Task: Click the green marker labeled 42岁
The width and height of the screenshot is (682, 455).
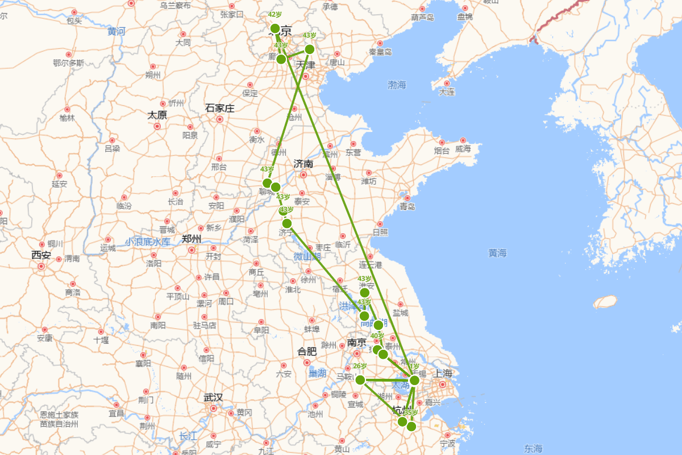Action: [x=275, y=28]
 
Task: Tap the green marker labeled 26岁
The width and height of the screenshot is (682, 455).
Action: [x=360, y=379]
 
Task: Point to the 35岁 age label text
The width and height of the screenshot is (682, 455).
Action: [x=411, y=412]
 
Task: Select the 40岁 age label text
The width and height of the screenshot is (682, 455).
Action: [x=377, y=336]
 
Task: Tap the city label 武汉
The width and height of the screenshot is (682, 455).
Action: [x=213, y=397]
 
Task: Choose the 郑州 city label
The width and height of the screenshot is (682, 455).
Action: [x=192, y=239]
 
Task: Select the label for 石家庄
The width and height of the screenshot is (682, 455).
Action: [x=219, y=108]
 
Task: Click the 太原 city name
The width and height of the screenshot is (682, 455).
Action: [x=157, y=115]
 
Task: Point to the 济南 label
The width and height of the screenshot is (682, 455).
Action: [x=303, y=164]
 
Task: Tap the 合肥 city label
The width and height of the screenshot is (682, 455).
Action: [x=307, y=351]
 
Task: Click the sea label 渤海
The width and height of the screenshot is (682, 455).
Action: [x=397, y=85]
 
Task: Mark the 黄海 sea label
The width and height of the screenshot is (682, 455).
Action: [x=497, y=253]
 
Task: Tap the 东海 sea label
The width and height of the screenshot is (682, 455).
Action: [x=534, y=448]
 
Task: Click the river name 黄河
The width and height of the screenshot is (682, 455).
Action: [x=117, y=31]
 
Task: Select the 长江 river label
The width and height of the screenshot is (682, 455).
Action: [x=188, y=436]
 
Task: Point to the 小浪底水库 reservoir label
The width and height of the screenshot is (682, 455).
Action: [x=148, y=242]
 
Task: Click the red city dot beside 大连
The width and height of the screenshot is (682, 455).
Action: [x=447, y=83]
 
